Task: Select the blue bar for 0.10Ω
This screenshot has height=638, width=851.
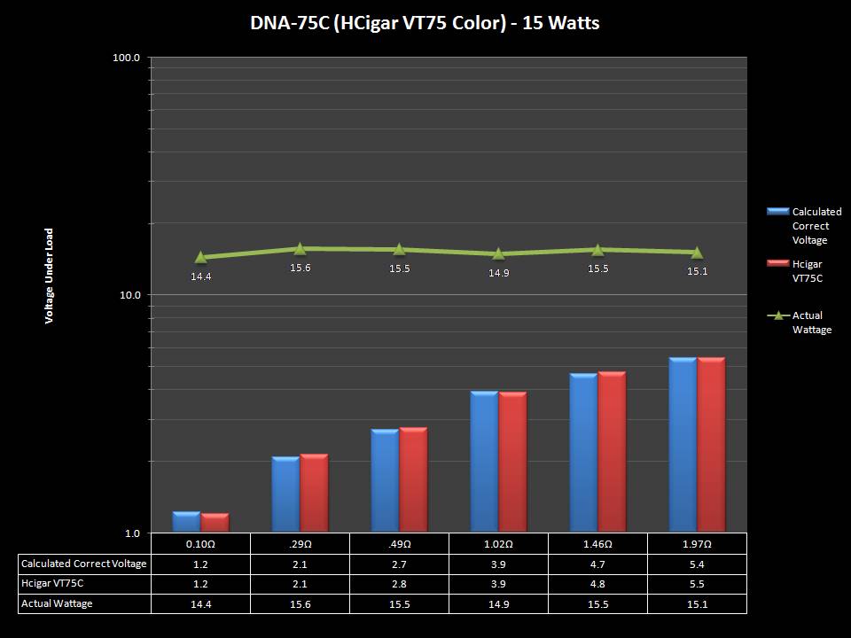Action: (186, 522)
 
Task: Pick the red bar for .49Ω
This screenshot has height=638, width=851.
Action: (413, 479)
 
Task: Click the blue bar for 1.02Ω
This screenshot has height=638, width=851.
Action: (484, 461)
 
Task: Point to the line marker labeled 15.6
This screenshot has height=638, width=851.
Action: (301, 249)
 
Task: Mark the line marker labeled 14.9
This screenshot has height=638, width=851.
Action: (499, 254)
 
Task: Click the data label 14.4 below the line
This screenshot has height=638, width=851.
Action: (201, 276)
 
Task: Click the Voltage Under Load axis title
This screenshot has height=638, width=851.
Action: (50, 275)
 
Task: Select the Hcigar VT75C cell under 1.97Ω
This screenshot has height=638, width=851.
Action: (697, 584)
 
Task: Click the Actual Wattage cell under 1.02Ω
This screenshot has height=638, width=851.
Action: (499, 603)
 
